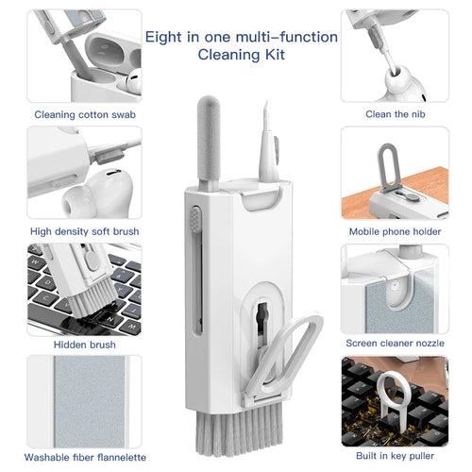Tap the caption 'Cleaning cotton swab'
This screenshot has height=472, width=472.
(x=85, y=114)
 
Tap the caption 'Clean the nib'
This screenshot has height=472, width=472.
(x=391, y=114)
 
